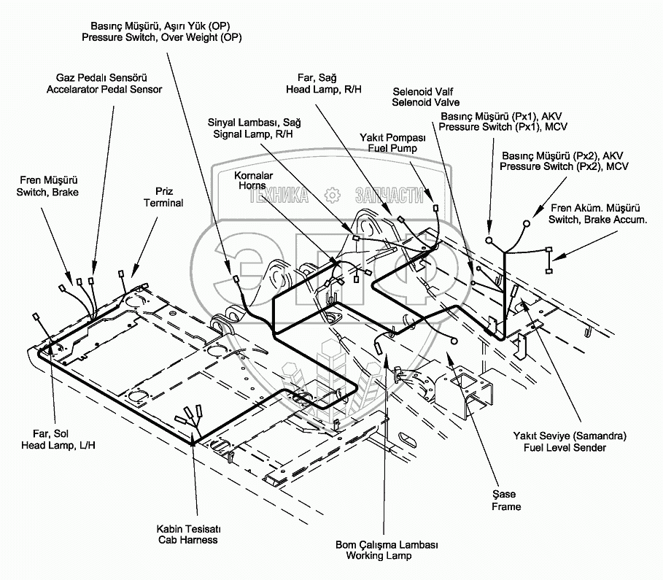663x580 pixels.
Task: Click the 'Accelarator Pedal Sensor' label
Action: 104,89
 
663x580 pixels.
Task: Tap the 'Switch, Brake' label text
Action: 47,192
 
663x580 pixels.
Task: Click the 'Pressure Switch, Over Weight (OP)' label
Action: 161,37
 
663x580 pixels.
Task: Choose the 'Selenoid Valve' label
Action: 425,103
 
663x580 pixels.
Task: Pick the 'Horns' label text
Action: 253,186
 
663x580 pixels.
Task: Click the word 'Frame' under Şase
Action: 506,506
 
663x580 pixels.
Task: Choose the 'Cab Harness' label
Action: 187,540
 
